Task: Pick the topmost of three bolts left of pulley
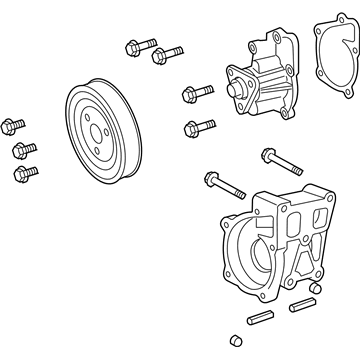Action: click(14, 127)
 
